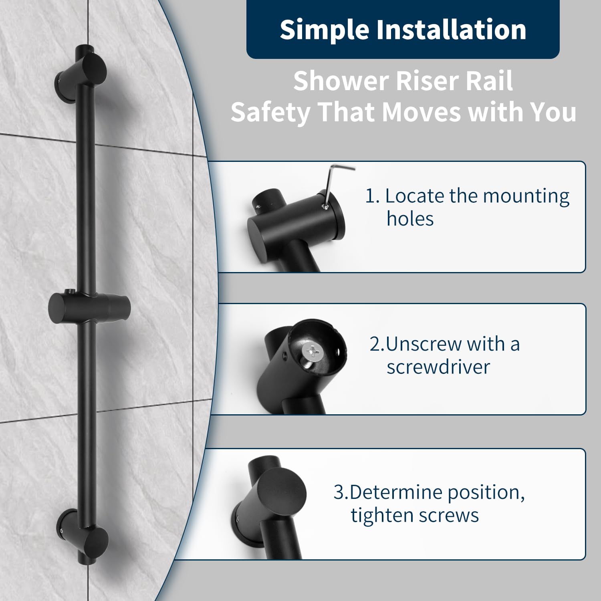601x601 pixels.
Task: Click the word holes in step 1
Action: point(410,219)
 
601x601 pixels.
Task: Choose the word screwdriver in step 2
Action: point(438,367)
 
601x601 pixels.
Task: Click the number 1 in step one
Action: point(369,196)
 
